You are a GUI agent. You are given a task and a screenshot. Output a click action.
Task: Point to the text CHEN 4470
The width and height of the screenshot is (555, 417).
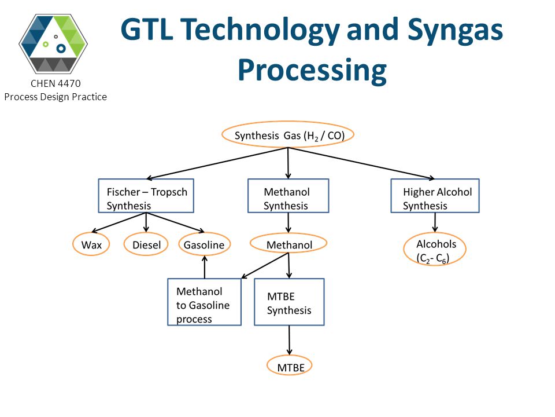coord(55,83)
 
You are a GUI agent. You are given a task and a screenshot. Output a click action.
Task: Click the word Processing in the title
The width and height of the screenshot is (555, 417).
coord(312,70)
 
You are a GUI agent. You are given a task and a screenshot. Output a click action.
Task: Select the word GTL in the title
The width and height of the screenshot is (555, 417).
coord(147,30)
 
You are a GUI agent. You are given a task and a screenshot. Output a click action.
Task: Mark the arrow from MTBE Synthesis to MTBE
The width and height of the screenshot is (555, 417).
coord(289,340)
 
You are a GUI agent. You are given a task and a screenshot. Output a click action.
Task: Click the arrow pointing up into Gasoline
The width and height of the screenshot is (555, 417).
coord(205,267)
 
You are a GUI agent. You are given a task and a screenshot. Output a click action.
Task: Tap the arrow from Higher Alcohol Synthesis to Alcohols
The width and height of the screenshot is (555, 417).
coord(435,222)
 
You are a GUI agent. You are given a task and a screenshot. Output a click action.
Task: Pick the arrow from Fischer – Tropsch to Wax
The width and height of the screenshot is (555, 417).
coord(119,222)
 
